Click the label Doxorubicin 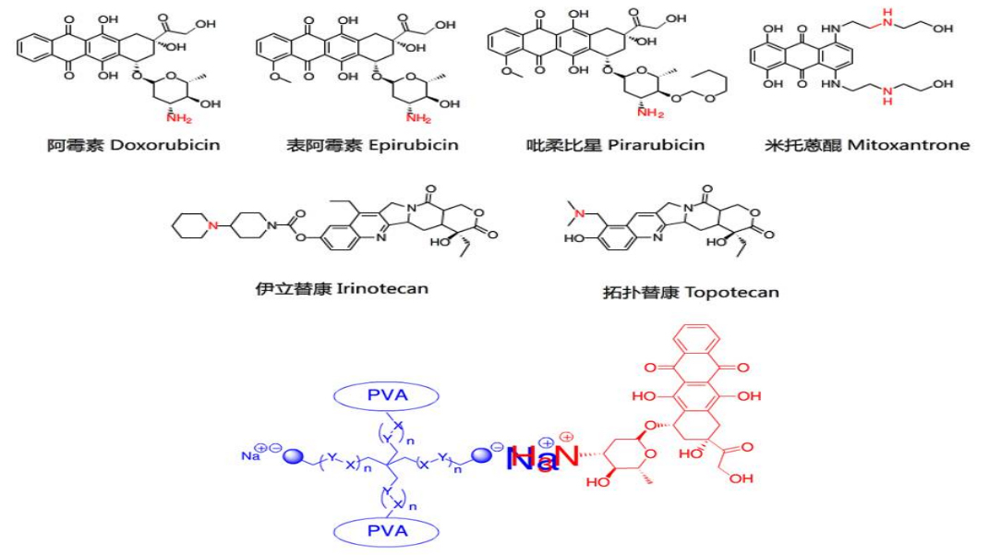click(x=165, y=145)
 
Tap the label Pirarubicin click(x=656, y=145)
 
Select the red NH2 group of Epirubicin click(x=418, y=117)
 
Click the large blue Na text click(x=534, y=458)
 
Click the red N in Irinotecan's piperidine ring click(x=211, y=225)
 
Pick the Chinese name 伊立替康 click(x=286, y=288)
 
